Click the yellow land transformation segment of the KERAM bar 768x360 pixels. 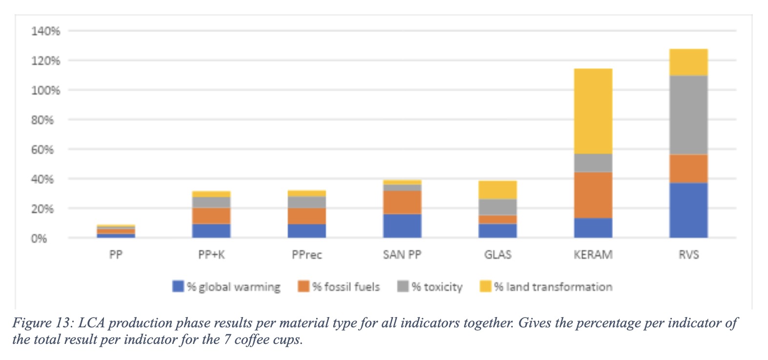tap(593, 111)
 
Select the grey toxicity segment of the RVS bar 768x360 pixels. tap(688, 115)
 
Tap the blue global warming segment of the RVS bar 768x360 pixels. tap(688, 210)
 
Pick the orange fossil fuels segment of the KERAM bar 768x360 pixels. tap(593, 195)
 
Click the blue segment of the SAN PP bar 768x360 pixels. tap(402, 226)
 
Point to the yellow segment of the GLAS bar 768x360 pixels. tap(498, 190)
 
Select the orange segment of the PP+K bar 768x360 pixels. tap(211, 216)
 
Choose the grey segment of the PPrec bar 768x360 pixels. tap(307, 202)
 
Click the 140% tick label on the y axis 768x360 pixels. tap(45, 31)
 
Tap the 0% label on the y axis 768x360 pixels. tap(39, 239)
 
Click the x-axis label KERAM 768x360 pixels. tap(593, 255)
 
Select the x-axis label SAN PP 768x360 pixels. tap(402, 255)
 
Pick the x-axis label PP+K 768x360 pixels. tap(211, 255)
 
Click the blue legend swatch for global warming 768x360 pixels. tap(178, 286)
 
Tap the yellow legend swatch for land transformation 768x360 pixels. tap(485, 286)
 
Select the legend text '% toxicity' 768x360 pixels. tap(437, 287)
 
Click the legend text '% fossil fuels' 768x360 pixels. tap(346, 287)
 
